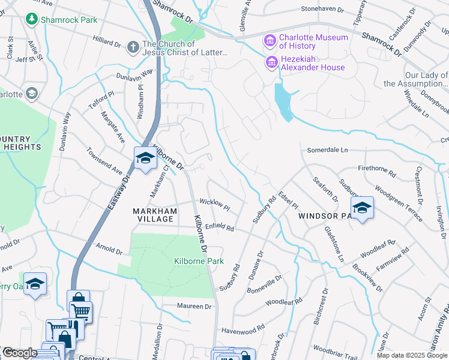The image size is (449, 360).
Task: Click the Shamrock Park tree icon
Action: [31, 19]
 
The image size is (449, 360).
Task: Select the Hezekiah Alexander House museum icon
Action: [271, 62]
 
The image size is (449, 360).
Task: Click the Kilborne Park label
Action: [199, 261]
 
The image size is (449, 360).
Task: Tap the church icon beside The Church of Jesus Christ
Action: [133, 46]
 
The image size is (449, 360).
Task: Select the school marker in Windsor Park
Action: [362, 208]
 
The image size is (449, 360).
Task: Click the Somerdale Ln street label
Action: [328, 150]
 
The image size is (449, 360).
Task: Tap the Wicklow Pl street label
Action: [215, 205]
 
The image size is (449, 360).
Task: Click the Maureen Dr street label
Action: [194, 306]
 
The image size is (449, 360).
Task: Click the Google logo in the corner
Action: [19, 353]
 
